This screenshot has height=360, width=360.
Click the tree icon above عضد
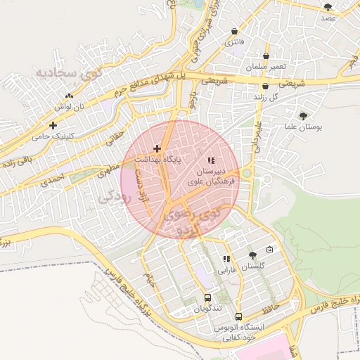point(328,6)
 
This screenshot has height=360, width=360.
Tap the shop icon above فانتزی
point(234,31)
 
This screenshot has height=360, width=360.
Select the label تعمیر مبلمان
point(266,66)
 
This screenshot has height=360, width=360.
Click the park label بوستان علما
point(303,127)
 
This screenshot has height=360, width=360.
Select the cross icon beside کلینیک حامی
point(53,125)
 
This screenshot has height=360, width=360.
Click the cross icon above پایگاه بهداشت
point(157,148)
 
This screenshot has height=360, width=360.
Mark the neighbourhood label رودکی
point(117,197)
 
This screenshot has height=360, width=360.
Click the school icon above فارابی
point(226,259)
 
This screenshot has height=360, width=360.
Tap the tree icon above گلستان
point(252,255)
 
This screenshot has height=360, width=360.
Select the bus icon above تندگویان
point(207,298)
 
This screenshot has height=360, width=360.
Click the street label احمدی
point(53,181)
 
